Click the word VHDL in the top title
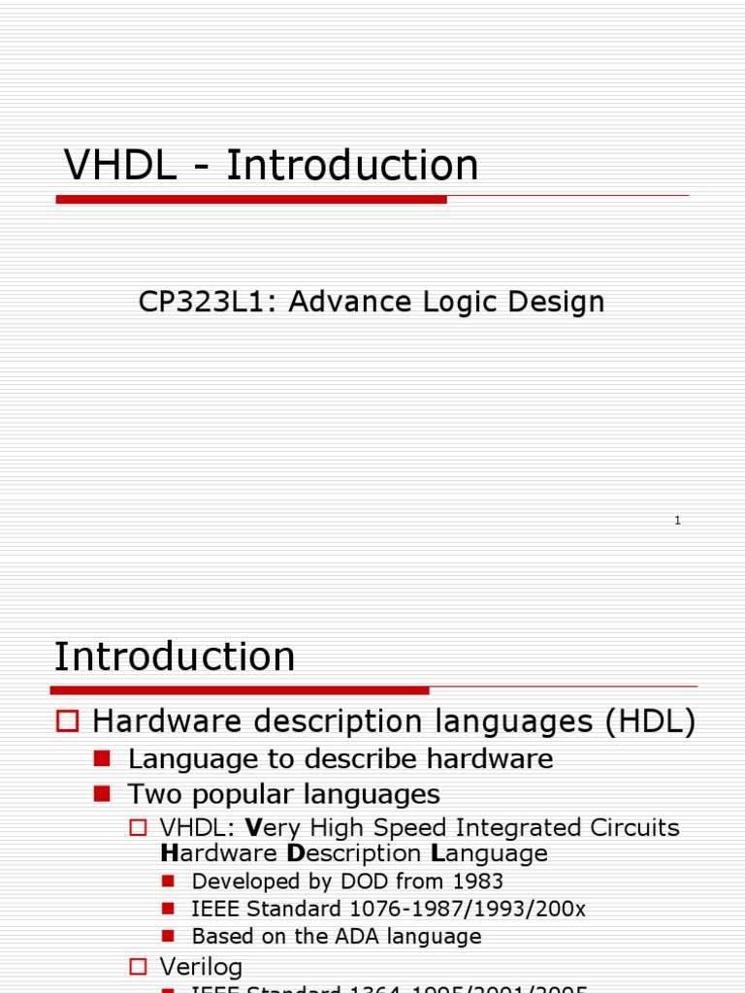tap(120, 166)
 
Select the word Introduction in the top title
tap(352, 166)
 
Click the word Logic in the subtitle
tap(462, 302)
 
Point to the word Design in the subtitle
tap(557, 302)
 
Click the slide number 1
tap(677, 521)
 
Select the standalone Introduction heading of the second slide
tap(175, 657)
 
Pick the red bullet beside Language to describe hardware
tap(103, 757)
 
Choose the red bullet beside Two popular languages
tap(103, 793)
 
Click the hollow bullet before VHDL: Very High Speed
tap(138, 828)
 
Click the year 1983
tap(475, 881)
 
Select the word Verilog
tap(201, 967)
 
